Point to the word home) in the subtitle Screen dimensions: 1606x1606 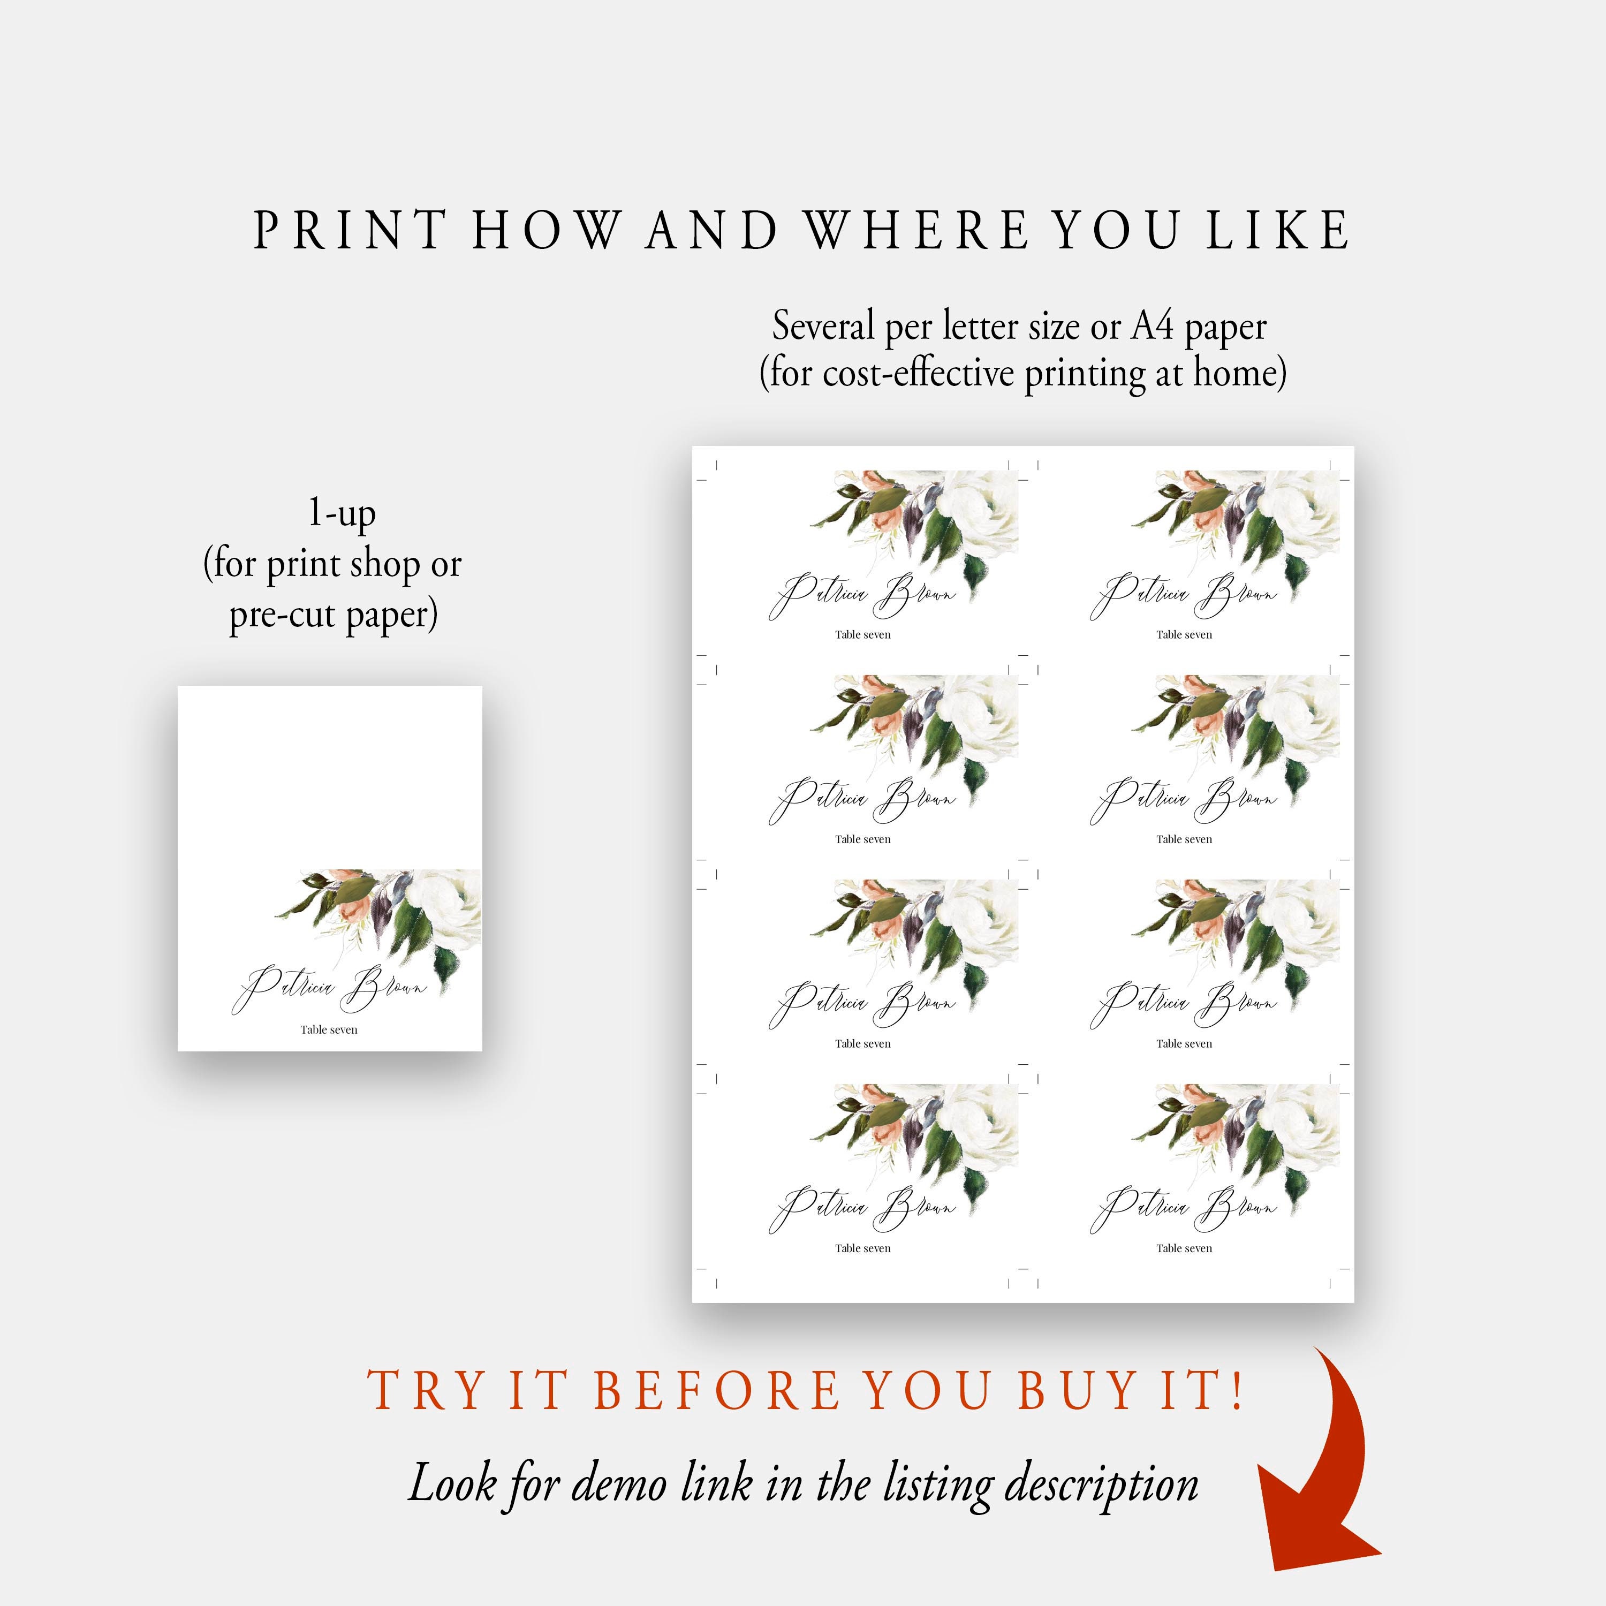(x=1240, y=373)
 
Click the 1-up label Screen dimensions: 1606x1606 (x=342, y=513)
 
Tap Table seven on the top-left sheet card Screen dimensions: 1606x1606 (x=863, y=634)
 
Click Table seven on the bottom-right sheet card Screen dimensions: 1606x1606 (x=1184, y=1248)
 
